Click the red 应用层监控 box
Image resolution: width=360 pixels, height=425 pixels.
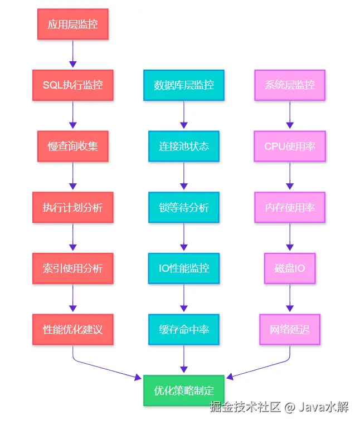click(73, 24)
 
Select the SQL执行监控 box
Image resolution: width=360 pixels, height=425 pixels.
click(73, 85)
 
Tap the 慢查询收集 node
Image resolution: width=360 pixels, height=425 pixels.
click(73, 146)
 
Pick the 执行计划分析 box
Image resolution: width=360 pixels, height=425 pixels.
click(73, 207)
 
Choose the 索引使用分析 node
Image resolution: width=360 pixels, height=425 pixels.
click(73, 268)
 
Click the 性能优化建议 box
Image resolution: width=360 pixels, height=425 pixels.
click(73, 330)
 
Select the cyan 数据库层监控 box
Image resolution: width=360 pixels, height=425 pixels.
click(184, 85)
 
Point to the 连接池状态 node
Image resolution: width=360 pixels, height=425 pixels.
click(184, 146)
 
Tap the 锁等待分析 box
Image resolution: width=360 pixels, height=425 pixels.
click(184, 207)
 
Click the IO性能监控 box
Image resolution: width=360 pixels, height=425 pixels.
click(184, 268)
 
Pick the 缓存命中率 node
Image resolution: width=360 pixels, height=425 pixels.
click(184, 330)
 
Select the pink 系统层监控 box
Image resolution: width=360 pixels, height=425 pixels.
click(290, 85)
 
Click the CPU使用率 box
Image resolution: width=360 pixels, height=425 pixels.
click(290, 146)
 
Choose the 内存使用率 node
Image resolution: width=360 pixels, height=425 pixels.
click(290, 207)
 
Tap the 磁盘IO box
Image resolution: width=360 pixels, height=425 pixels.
click(290, 268)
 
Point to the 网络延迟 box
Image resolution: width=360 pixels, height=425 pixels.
click(290, 330)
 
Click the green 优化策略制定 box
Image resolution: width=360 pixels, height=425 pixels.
click(184, 390)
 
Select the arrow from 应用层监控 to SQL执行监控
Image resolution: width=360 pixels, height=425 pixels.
click(73, 54)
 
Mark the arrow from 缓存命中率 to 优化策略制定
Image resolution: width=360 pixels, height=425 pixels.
click(184, 359)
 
